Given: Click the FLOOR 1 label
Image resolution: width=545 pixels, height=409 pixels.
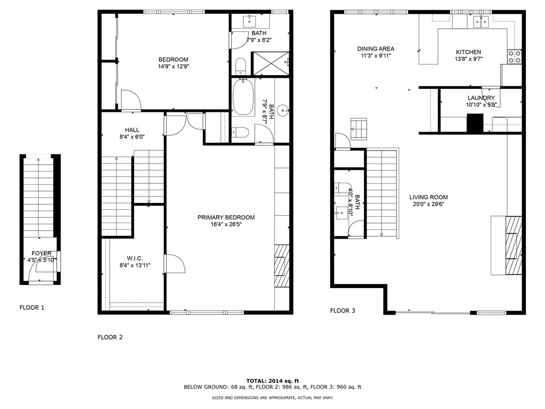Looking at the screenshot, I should pos(32,307).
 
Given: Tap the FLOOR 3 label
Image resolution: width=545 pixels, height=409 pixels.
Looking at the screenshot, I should pos(342,310).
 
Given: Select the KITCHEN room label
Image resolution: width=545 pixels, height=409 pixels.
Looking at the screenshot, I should pos(468,52).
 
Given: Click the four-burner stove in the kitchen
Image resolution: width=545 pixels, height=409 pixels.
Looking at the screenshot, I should pos(514,57).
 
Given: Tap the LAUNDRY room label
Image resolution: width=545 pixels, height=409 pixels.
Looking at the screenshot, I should pos(481,98).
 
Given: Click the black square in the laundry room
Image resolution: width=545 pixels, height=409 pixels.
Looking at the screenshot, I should pos(474,123).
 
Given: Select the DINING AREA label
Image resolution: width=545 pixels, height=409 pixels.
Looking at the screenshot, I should pos(376,48).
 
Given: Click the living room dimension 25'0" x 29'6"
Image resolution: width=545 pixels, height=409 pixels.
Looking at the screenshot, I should pos(428,204).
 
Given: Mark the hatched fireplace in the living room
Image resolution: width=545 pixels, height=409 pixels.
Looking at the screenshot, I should pos(513,245).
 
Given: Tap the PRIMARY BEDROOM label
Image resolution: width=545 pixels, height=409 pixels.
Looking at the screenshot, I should pos(226,217).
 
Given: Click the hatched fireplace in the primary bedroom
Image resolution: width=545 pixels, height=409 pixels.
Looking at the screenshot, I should pos(280,266).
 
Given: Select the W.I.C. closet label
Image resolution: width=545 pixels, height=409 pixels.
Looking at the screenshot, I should pos(135,258).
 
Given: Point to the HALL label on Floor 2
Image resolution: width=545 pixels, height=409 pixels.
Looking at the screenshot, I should pos(133,129).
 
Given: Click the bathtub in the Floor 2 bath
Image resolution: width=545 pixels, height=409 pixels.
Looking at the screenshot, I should pos(243,97).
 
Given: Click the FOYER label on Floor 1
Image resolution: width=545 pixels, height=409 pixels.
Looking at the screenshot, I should pos(42,253).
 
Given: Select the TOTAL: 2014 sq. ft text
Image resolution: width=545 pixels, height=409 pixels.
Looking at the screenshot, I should pos(272,381).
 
